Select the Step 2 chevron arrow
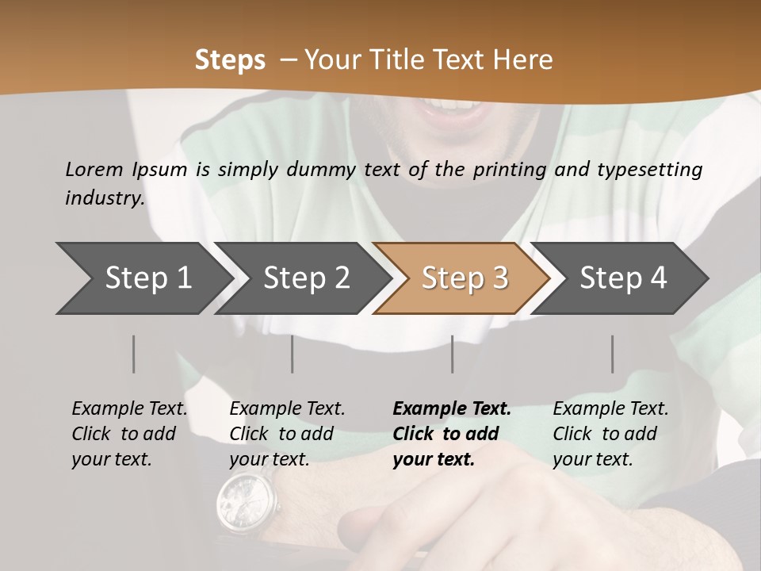coord(306,278)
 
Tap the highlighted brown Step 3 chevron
coord(465,278)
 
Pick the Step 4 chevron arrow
coord(623,278)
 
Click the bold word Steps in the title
coord(230,59)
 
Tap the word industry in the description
coord(105,197)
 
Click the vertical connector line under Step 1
coord(134,354)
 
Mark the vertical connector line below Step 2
coord(293,354)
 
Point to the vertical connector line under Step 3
coord(453,354)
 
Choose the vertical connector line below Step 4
coord(613,354)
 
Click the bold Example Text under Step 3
coord(452,408)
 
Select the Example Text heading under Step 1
coord(129,408)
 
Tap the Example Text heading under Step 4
coord(610,408)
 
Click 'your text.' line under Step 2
coord(269,459)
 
